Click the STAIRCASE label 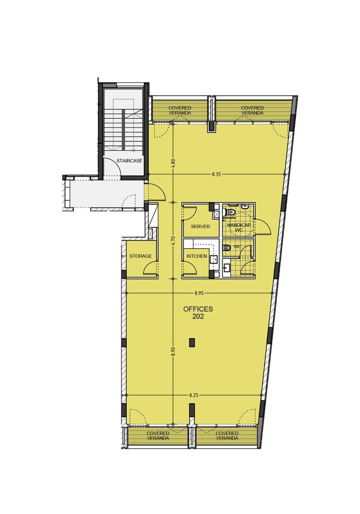click(x=129, y=161)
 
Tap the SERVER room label click(x=200, y=226)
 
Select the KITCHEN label click(x=197, y=256)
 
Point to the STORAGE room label click(x=140, y=256)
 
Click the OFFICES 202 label click(x=198, y=312)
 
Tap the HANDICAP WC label click(x=239, y=227)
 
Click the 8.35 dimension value click(x=216, y=175)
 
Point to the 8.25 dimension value click(x=194, y=396)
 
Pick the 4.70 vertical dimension click(x=173, y=241)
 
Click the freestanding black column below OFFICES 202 click(x=192, y=343)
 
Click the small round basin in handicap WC click(x=244, y=207)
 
